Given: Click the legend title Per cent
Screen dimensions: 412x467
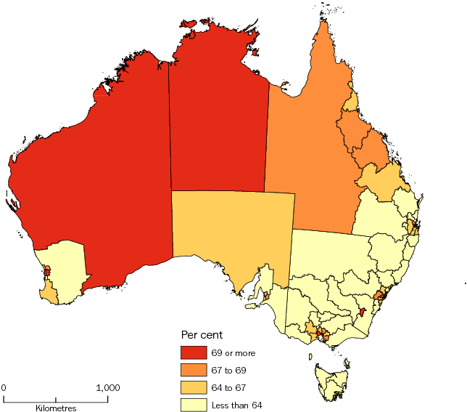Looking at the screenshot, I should (x=202, y=335).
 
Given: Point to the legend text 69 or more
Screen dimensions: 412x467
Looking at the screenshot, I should (x=233, y=353).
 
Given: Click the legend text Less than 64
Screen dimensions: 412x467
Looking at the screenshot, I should (x=236, y=404).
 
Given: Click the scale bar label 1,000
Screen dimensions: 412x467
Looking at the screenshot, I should (x=108, y=388).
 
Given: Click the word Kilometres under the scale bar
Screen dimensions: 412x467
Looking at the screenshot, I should (x=56, y=408).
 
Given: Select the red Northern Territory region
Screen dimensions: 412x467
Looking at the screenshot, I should (x=218, y=124).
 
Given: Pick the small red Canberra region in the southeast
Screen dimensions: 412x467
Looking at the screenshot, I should (x=361, y=313).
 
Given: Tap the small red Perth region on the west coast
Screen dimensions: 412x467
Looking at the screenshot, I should (x=47, y=272).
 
